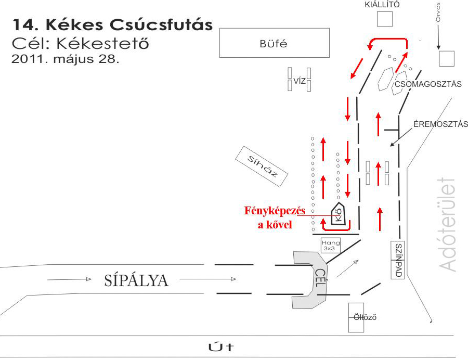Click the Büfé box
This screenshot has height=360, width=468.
click(274, 43)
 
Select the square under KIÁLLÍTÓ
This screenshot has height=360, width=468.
click(384, 19)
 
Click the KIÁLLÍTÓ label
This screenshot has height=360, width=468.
click(383, 5)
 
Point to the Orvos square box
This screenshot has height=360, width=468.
click(447, 58)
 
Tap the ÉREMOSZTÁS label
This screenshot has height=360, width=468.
click(440, 124)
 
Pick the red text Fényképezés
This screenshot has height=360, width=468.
click(275, 211)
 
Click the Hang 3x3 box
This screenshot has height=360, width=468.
click(330, 246)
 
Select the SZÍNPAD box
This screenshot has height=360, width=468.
click(398, 260)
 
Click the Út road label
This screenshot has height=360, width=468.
click(221, 347)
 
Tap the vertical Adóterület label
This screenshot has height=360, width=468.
click(448, 225)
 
